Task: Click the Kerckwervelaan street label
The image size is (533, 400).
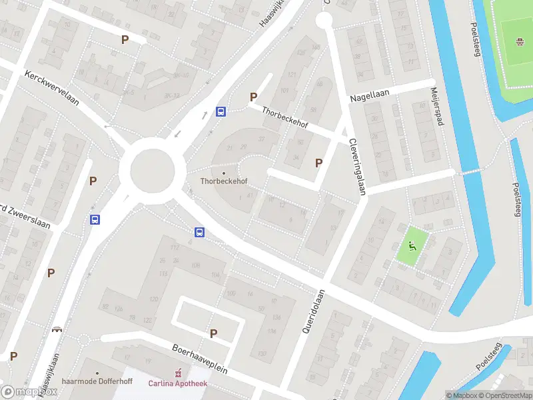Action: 52,89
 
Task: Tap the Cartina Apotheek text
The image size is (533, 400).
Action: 178,383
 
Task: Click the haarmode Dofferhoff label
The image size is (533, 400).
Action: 97,382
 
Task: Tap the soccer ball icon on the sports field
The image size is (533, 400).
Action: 520,44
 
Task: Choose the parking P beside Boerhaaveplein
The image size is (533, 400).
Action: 213,333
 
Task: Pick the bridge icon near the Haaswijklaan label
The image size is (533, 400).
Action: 57,329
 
